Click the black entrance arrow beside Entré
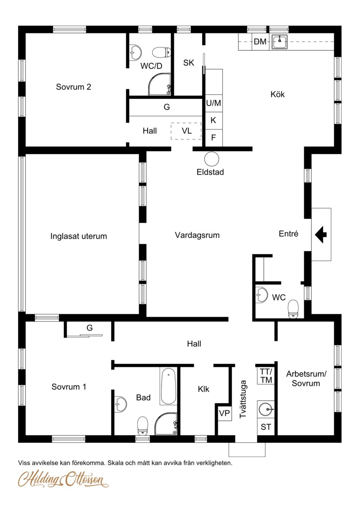pos(321,234)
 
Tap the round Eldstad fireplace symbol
pos(211,159)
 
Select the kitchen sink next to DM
pos(279,42)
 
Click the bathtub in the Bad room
pos(168,386)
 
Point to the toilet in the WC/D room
pos(162,52)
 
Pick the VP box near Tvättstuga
pos(225,413)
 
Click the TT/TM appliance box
pos(266,375)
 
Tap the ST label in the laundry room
pos(265,427)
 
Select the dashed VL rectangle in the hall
pos(186,131)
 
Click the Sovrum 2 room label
pos(73,87)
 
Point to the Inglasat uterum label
pos(79,236)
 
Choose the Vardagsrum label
pos(197,235)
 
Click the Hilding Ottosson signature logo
pos(63,480)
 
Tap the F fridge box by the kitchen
pos(214,138)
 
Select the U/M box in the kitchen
pos(214,103)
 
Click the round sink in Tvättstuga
pos(265,409)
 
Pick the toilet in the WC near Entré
pos(293,309)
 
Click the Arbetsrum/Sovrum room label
pos(306,379)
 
